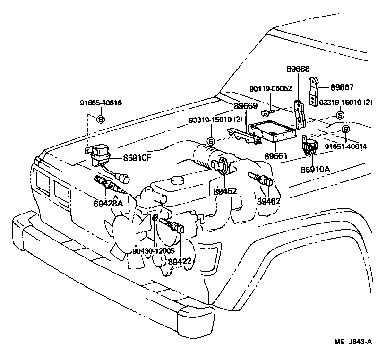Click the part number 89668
[x=298, y=69]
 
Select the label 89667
[x=342, y=87]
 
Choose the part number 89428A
[x=108, y=203]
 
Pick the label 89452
[x=225, y=191]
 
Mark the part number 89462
[x=269, y=201]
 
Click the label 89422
[x=180, y=261]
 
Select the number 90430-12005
[x=154, y=251]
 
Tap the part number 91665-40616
[x=101, y=103]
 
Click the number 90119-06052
[x=271, y=88]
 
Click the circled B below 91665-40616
[x=100, y=120]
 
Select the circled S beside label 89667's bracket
[x=339, y=115]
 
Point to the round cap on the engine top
[x=178, y=181]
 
